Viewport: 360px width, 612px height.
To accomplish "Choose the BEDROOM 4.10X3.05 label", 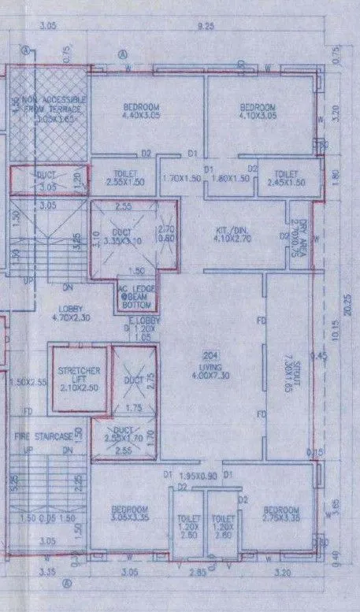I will (257, 113).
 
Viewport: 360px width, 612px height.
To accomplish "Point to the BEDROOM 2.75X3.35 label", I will (280, 514).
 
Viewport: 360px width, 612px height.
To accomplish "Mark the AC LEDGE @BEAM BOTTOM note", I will (138, 297).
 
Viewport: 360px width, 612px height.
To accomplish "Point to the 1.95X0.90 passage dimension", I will (197, 477).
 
